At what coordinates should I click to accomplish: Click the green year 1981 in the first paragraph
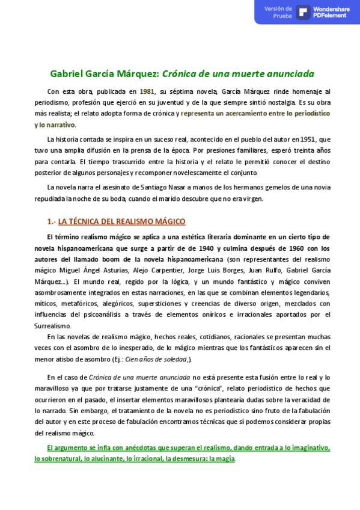point(147,91)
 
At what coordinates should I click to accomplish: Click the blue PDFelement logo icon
point(303,12)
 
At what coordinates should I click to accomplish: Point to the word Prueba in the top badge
point(282,16)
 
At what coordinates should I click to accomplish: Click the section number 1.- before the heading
point(51,221)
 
